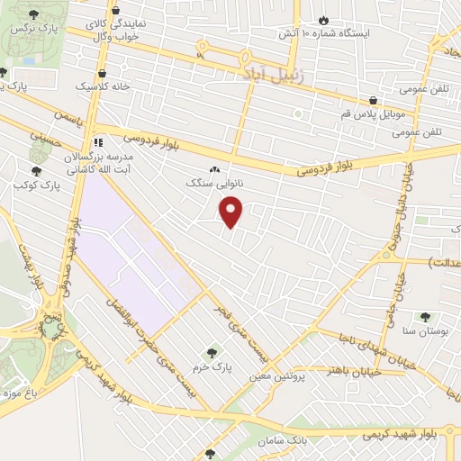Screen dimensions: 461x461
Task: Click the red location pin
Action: coord(232,212)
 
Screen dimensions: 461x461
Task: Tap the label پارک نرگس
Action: coord(29,29)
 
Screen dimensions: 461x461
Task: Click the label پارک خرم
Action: coord(212,368)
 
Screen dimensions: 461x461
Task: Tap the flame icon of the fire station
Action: coord(323,19)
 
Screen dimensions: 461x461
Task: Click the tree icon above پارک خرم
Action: coord(212,353)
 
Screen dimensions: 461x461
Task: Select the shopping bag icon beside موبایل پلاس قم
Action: coord(371,101)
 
